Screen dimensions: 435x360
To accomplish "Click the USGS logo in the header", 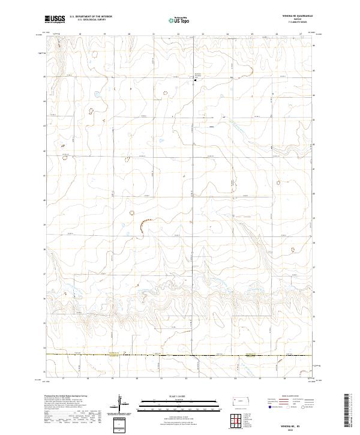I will point(55,19).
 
